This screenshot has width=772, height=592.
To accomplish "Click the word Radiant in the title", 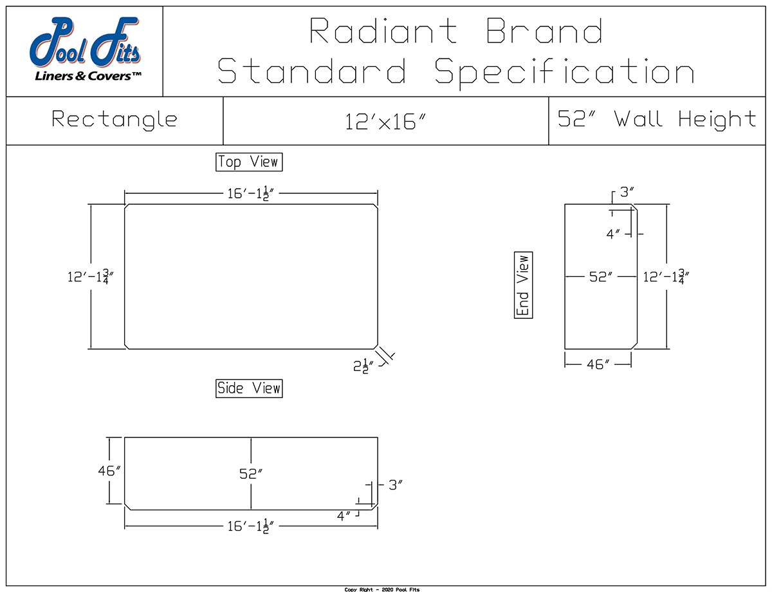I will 384,32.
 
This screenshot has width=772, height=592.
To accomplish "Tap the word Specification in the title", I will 564,72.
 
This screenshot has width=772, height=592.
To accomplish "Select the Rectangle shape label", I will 115,120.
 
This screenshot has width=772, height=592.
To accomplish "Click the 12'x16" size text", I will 386,121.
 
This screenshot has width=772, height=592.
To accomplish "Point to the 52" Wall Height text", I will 657,119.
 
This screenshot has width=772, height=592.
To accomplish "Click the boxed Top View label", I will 249,162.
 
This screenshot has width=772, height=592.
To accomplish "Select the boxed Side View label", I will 249,388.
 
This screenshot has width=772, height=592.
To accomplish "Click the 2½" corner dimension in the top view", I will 363,365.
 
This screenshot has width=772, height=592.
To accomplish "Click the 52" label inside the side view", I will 251,473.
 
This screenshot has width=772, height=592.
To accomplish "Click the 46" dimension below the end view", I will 598,364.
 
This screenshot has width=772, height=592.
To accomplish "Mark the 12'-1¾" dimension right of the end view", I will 666,277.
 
